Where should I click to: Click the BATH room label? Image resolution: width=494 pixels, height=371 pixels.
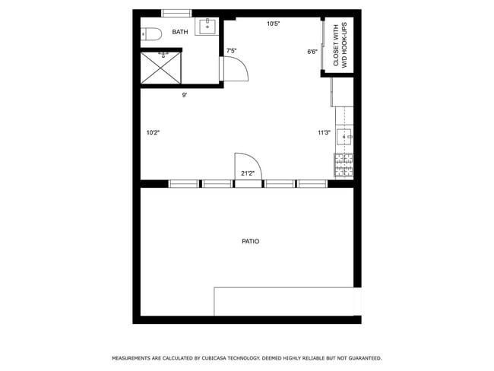[180, 32]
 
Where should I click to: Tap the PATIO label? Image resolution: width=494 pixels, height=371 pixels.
[250, 241]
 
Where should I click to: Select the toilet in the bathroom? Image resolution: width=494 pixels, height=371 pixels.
[150, 33]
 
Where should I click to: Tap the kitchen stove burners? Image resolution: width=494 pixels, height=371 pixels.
[344, 165]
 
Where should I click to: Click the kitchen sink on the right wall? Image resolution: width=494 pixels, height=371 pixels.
[344, 138]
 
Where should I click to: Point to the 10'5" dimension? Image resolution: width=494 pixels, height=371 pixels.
[273, 24]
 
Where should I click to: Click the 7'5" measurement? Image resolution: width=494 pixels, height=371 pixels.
[231, 52]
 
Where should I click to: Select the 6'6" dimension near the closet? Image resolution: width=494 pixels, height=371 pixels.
[312, 52]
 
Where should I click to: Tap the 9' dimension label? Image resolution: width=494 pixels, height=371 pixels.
[184, 95]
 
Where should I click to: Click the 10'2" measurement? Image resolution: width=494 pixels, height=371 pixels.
[153, 132]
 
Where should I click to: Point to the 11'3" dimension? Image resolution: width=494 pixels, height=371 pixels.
[324, 132]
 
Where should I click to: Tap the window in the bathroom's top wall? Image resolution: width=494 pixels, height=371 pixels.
[176, 13]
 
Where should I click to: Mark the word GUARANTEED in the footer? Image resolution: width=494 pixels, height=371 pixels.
[363, 357]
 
